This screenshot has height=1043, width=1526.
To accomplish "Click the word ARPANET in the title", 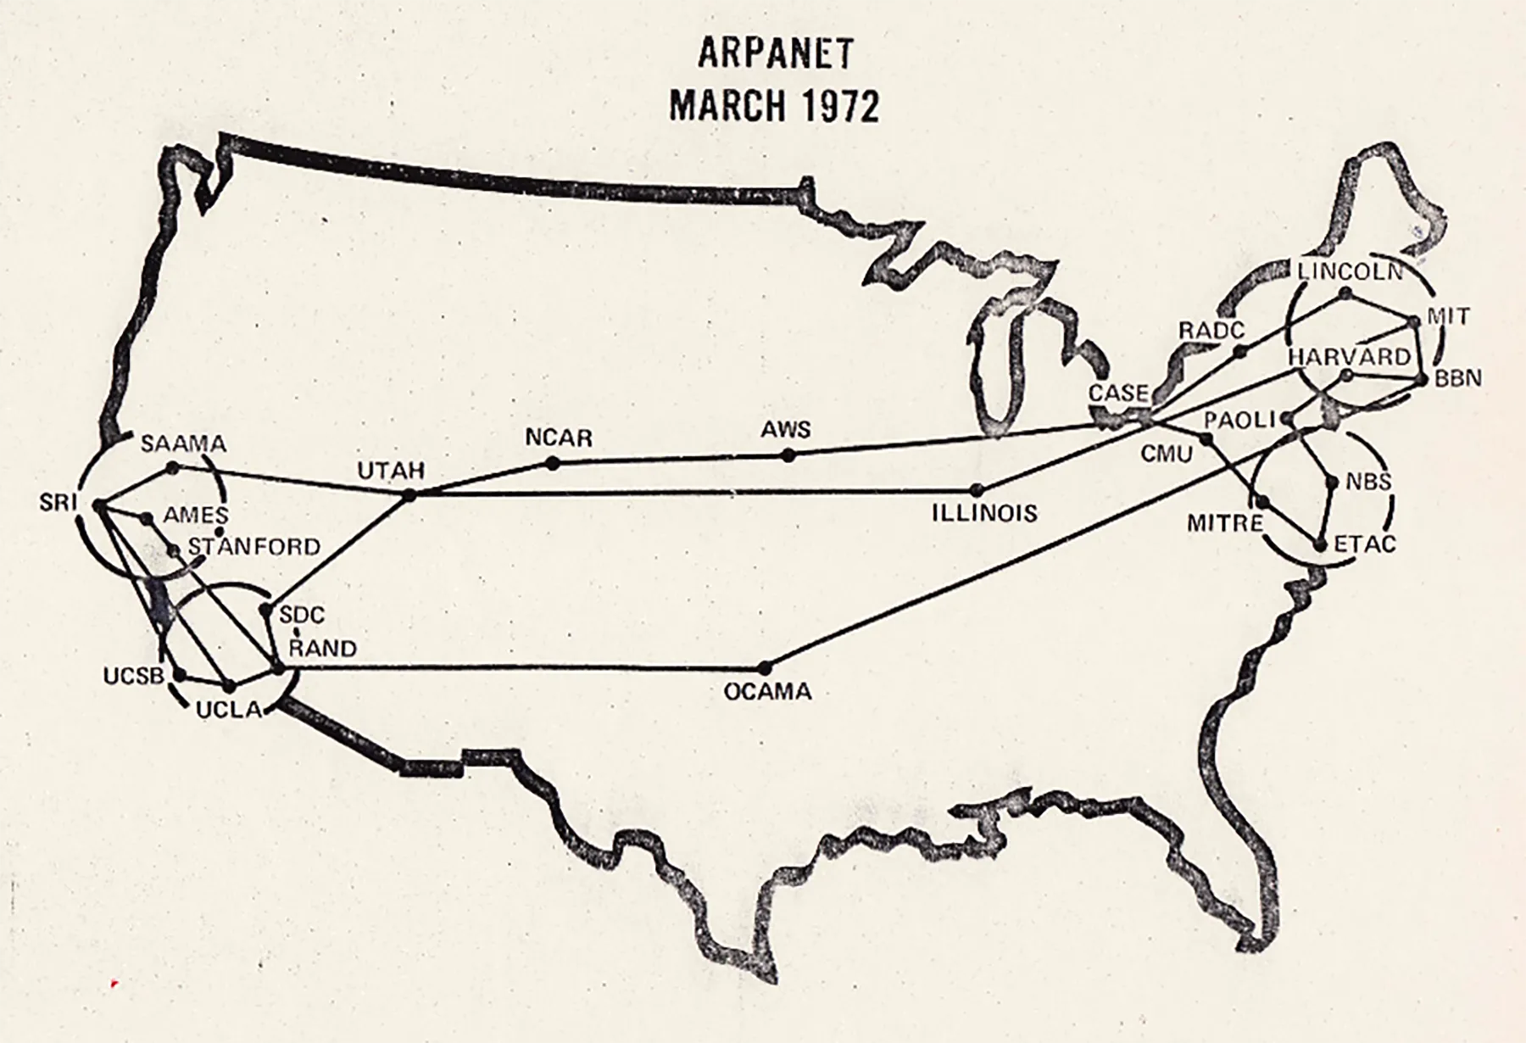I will pos(774,53).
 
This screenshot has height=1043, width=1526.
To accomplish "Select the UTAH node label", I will pos(391,471).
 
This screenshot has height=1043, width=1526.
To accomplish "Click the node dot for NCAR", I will pos(553,463).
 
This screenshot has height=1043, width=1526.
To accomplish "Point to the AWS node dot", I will pos(788,455).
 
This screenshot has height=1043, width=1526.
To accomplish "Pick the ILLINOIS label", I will pos(984,513).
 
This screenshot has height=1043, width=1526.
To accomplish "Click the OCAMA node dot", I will pos(765,667).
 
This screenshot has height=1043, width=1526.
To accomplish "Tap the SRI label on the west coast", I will pos(58,502).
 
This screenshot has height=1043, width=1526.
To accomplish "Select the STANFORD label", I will pos(254,546).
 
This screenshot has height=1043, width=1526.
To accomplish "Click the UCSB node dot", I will pos(180,675).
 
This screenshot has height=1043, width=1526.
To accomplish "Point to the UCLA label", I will pos(229,710).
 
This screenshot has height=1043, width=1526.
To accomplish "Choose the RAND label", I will pos(323,649).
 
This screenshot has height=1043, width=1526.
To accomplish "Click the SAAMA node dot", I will pos(173,467).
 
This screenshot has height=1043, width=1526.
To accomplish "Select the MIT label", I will pos(1448,316).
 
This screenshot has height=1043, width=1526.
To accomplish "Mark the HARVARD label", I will pos(1349,356).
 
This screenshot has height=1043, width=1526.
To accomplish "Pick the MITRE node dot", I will pos(1261,501).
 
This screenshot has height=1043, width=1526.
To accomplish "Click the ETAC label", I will pos(1364,544).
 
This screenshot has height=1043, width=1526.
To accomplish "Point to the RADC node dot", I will pos(1239,350).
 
